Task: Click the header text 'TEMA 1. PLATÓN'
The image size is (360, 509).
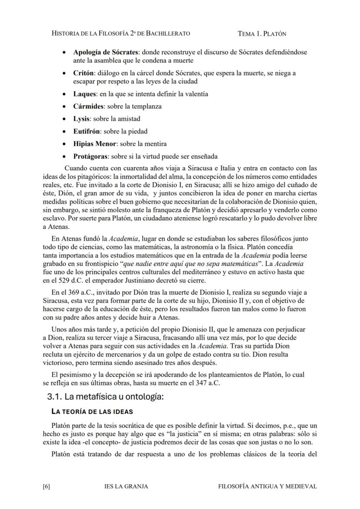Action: click(262, 33)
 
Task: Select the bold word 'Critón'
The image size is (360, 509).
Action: click(83, 73)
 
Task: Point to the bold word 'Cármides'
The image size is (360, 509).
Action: click(88, 106)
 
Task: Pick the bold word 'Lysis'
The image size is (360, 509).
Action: click(81, 119)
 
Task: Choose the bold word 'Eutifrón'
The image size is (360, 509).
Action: click(87, 131)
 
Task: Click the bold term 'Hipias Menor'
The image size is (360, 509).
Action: click(94, 144)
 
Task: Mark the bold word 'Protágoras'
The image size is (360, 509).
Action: click(90, 156)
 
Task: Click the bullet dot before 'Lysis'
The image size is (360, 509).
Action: click(64, 119)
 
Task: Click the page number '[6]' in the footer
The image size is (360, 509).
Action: click(47, 486)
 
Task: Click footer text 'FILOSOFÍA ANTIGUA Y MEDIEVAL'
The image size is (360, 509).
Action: click(267, 486)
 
